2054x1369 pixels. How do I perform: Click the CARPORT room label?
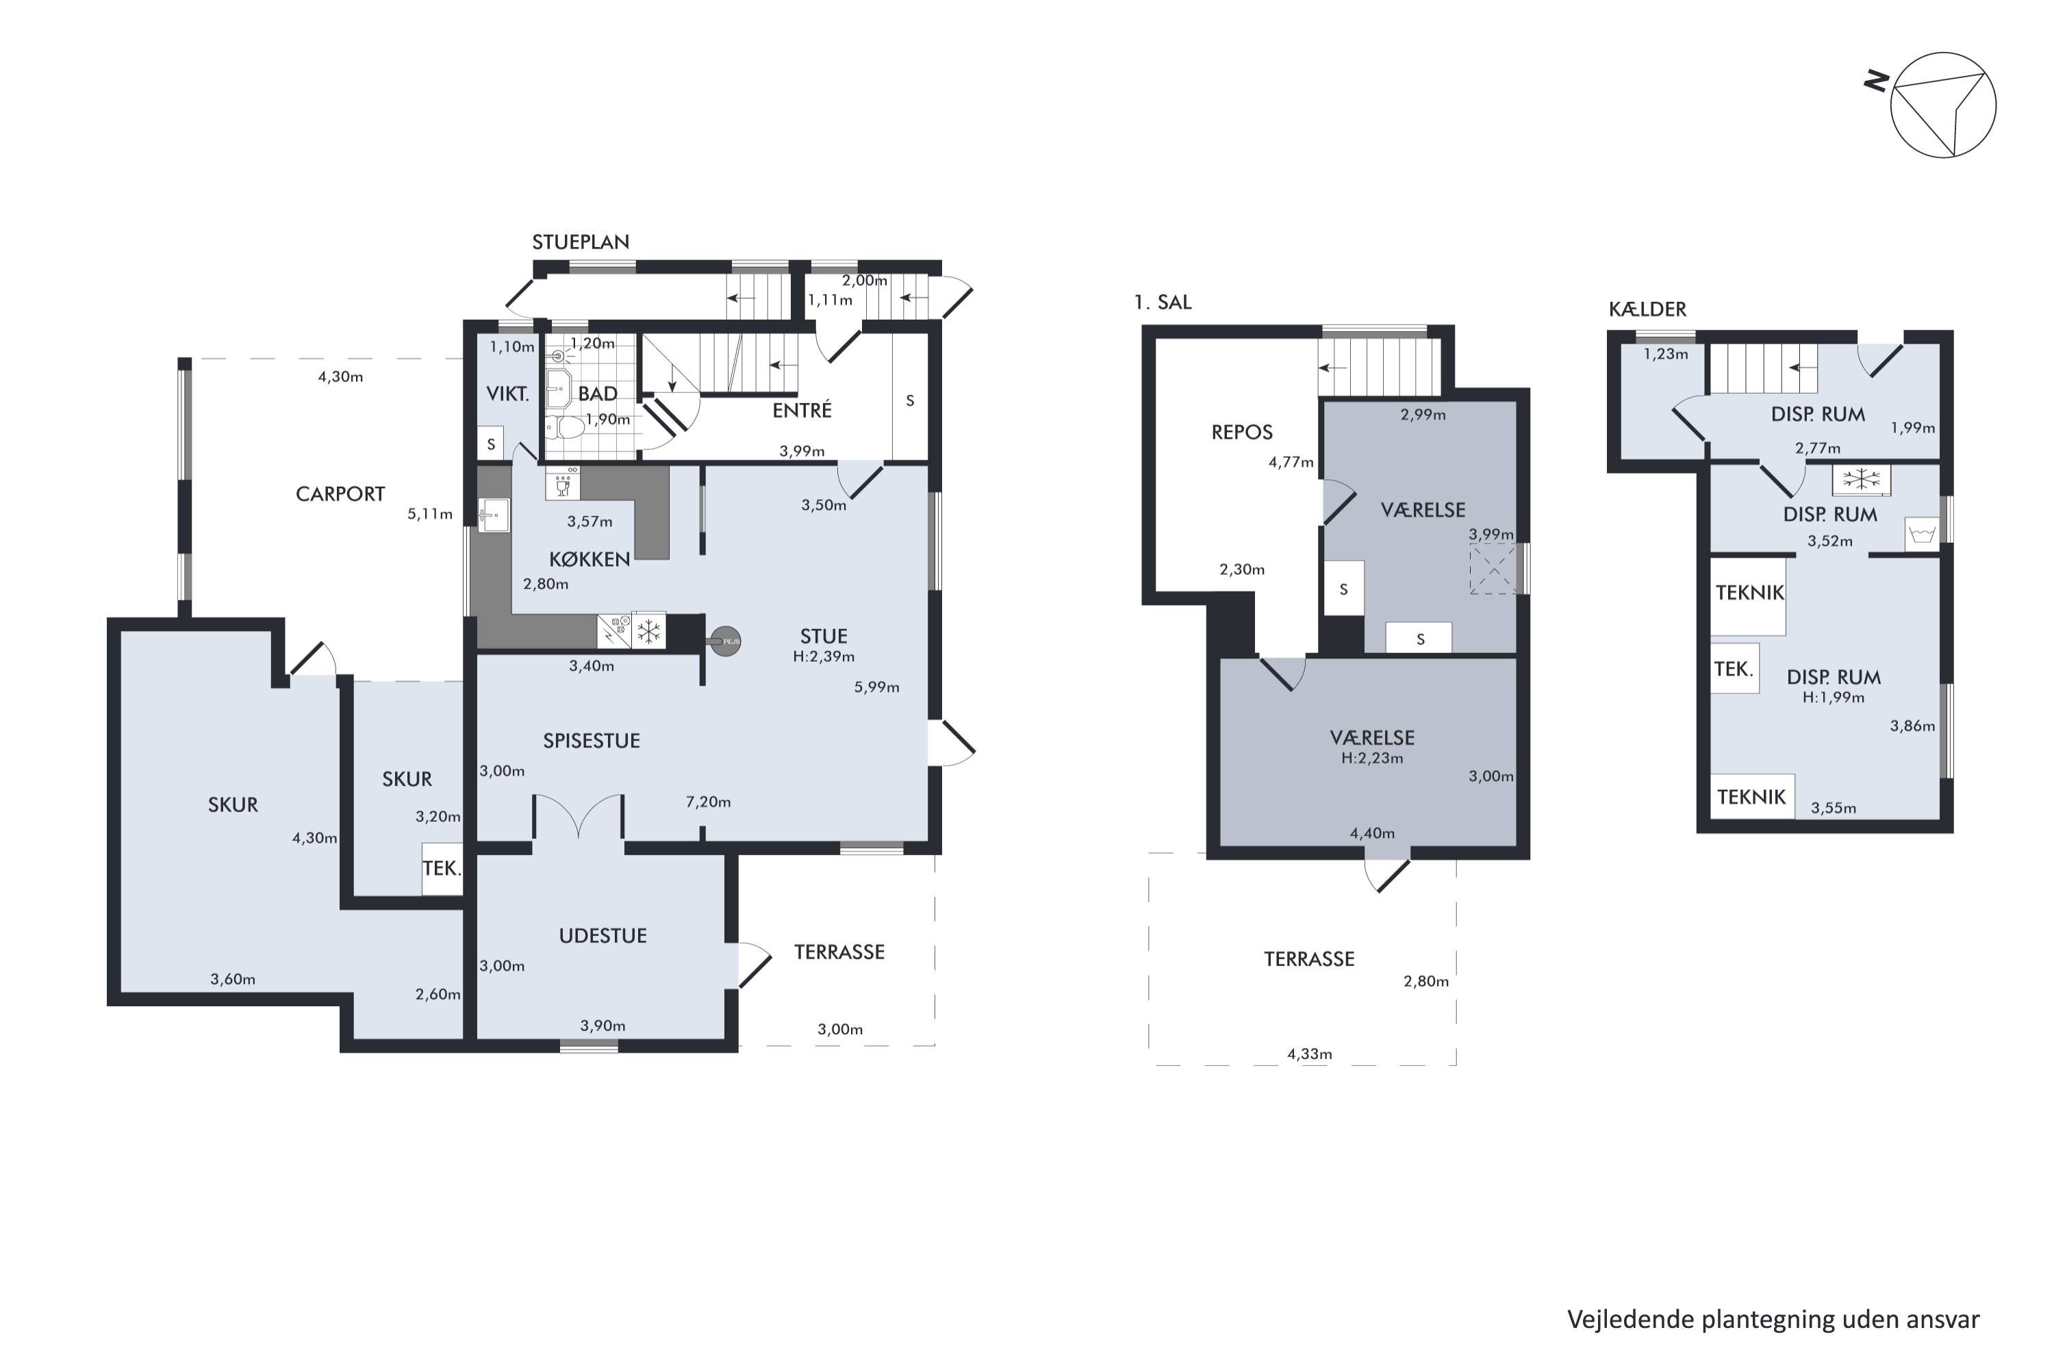pos(340,494)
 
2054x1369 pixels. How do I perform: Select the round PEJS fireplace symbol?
pos(726,642)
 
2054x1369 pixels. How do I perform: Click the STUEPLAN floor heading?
pos(581,242)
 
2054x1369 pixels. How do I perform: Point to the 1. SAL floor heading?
pos(1163,302)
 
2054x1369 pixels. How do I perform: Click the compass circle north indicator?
pos(1943,105)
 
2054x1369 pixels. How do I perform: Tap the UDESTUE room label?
pos(603,936)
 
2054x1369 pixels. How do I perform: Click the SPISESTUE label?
pos(592,741)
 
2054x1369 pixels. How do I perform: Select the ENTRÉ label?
pos(802,409)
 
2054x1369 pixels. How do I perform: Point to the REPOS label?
pos(1242,431)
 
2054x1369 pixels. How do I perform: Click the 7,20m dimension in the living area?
pos(708,802)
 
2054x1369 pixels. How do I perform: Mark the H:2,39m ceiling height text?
pos(824,656)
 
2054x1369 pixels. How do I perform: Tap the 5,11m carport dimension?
pos(430,514)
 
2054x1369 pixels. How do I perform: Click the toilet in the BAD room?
pos(564,428)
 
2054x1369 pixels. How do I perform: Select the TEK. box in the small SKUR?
pos(442,868)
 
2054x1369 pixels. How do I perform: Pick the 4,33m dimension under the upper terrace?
pos(1309,1054)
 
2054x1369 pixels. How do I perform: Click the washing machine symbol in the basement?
pos(1921,533)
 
